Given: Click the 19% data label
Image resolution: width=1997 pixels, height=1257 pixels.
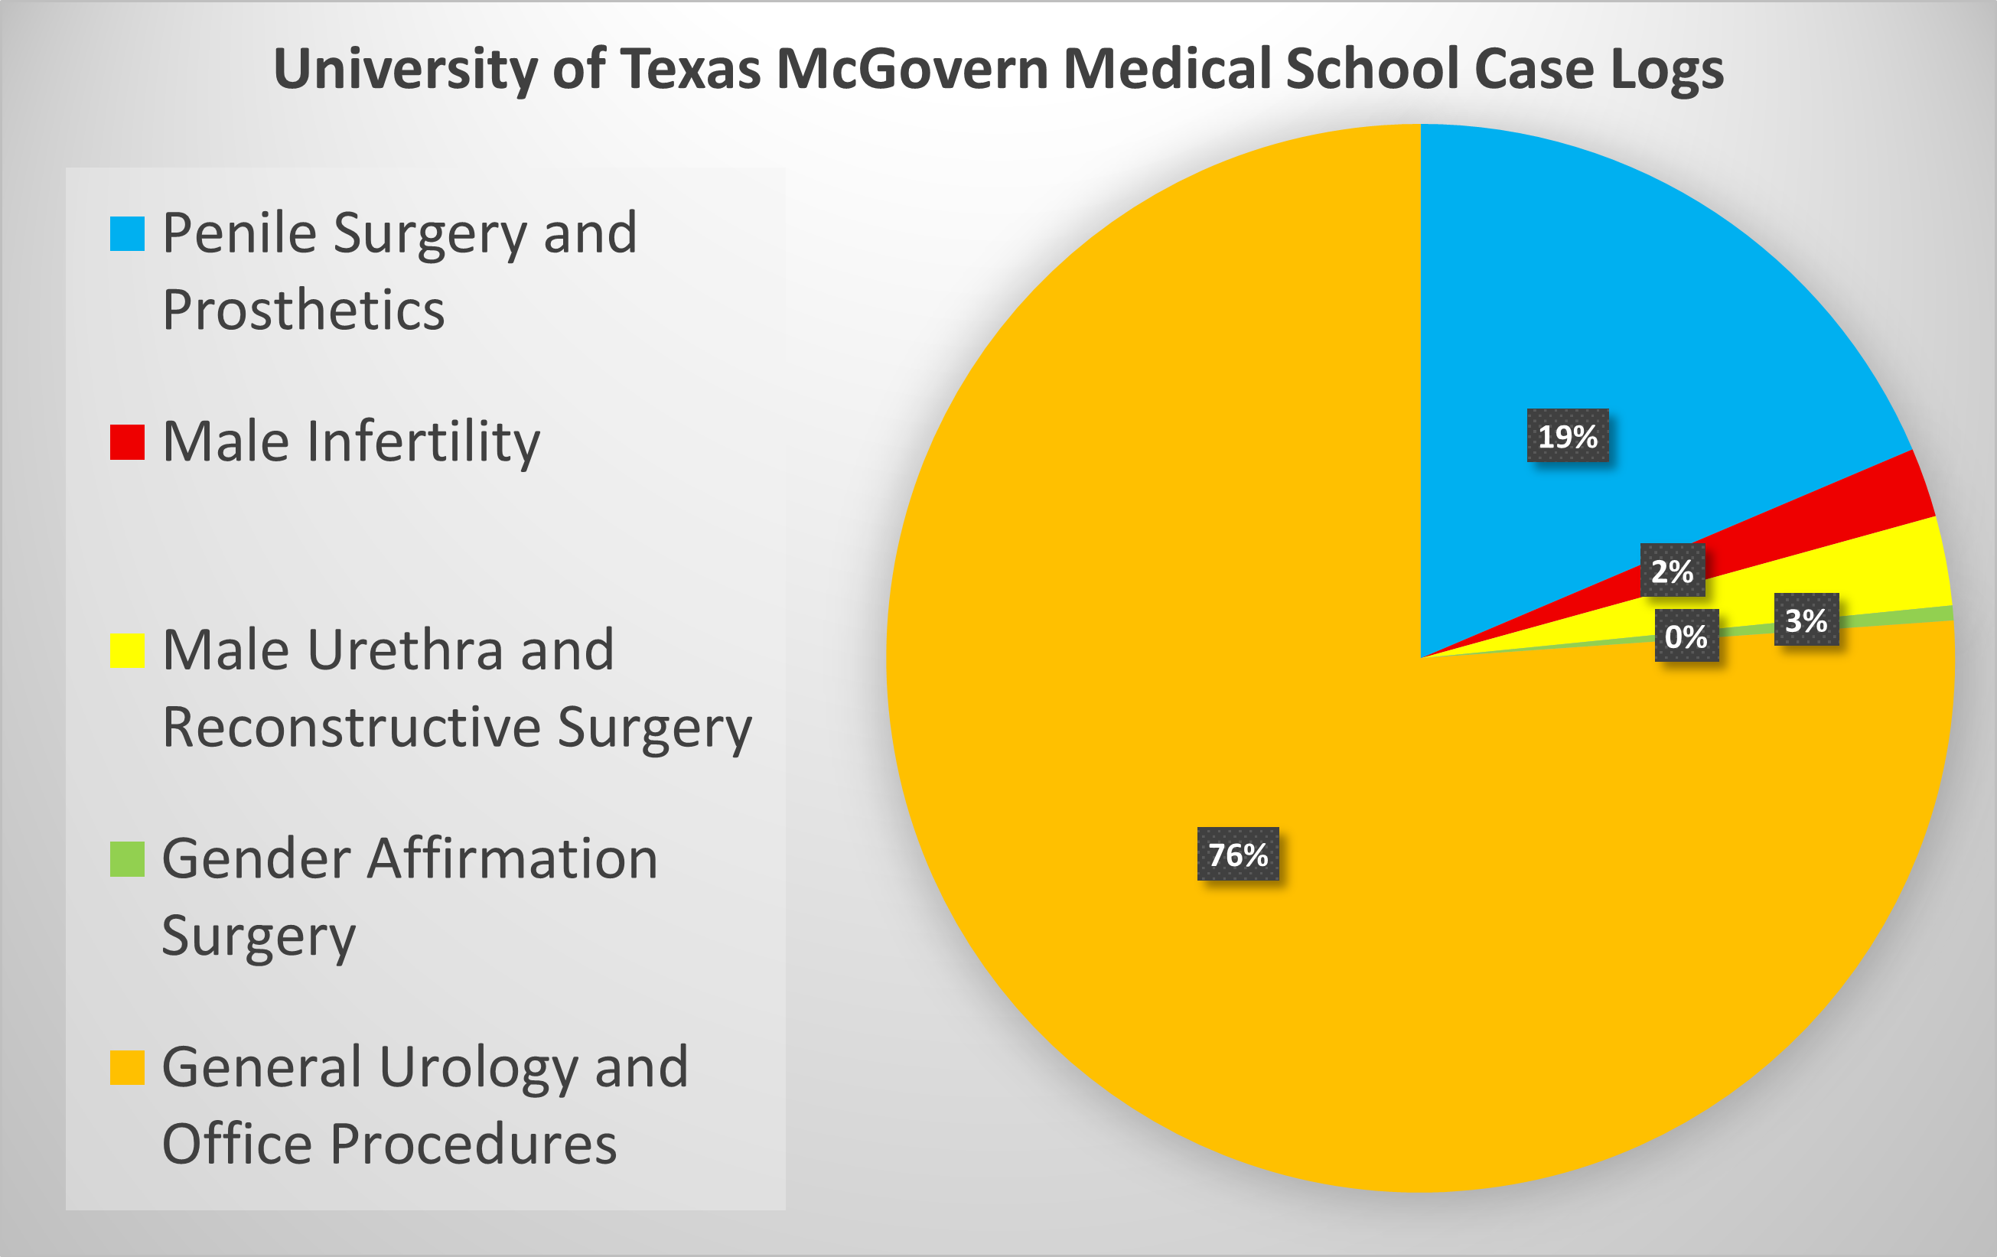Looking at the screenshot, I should point(1568,436).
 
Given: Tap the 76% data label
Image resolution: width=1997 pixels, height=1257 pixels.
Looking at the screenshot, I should point(1237,854).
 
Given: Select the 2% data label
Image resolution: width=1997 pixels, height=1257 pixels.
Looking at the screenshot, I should point(1672,571).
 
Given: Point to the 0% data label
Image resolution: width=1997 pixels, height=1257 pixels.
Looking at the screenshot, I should point(1686,636).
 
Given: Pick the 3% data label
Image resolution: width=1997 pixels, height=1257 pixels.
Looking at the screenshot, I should point(1806,620).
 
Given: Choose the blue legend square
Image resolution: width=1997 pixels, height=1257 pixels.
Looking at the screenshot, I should point(128,234).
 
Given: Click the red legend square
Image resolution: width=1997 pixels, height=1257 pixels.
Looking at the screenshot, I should point(128,442).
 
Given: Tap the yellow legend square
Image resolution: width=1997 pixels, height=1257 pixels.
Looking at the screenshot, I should point(128,650).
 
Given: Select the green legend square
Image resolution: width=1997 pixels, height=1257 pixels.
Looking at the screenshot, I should point(128,859).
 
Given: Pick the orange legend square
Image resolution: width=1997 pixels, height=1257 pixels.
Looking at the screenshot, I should point(128,1067).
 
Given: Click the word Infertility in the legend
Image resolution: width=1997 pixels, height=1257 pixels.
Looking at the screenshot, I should point(423,441).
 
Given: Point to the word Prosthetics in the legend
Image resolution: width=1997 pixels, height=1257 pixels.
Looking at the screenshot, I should point(304,310).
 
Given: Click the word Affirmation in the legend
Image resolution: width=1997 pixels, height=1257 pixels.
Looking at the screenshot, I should point(513,858).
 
